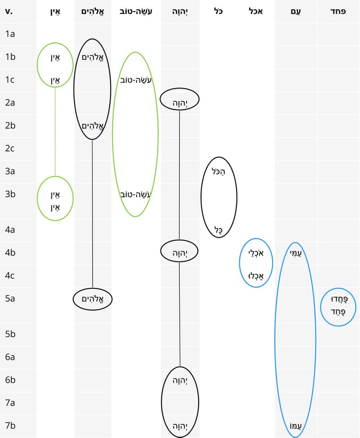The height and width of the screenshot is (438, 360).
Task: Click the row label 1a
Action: click(x=10, y=34)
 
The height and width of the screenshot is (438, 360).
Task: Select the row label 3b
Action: click(x=10, y=194)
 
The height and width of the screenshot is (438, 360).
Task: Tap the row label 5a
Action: click(x=10, y=299)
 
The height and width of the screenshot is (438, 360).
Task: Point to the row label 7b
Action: click(x=10, y=425)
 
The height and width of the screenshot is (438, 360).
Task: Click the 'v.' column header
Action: click(x=9, y=11)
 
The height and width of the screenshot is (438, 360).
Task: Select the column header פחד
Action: click(x=338, y=11)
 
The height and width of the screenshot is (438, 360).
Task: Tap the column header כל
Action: click(x=219, y=11)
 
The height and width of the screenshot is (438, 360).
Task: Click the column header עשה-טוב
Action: click(x=135, y=11)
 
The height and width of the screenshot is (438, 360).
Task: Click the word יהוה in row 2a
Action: click(x=180, y=103)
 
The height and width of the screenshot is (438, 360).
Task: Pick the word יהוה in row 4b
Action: click(x=180, y=252)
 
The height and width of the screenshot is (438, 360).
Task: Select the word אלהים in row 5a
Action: click(x=93, y=299)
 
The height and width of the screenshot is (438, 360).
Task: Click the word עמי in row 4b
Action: click(x=295, y=252)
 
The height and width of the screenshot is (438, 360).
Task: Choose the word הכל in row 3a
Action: click(x=219, y=171)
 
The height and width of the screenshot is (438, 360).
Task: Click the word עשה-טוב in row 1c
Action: click(x=135, y=80)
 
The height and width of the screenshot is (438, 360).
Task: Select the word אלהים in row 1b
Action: click(x=92, y=57)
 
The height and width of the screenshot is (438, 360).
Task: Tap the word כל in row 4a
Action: click(x=219, y=229)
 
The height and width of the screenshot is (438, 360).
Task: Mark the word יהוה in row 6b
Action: click(x=180, y=380)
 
